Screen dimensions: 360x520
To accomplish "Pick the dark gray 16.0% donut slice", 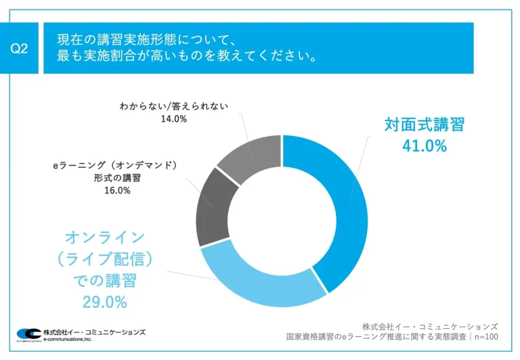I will click(x=213, y=206).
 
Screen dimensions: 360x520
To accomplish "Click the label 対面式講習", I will click(x=425, y=125).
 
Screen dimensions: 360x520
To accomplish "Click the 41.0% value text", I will click(x=425, y=146).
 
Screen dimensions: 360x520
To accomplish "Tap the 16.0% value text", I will click(x=117, y=190).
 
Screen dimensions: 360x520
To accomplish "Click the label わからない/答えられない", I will click(x=174, y=106).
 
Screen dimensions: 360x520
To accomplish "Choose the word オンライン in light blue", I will click(x=104, y=237).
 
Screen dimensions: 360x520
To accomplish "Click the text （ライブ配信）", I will click(x=104, y=258).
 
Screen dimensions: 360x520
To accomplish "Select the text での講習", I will click(x=104, y=280).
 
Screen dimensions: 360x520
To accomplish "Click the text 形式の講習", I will click(x=117, y=178).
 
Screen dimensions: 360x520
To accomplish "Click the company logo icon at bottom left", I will click(x=28, y=334).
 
